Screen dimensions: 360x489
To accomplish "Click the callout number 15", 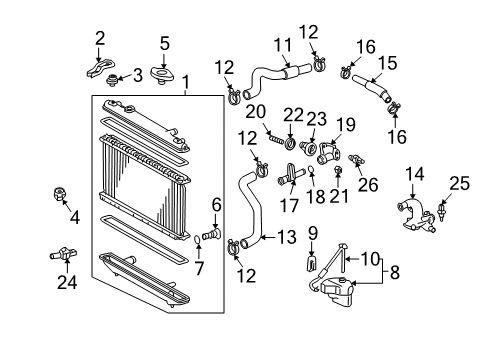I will click(x=387, y=61).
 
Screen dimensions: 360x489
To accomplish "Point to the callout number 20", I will click(x=253, y=111).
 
